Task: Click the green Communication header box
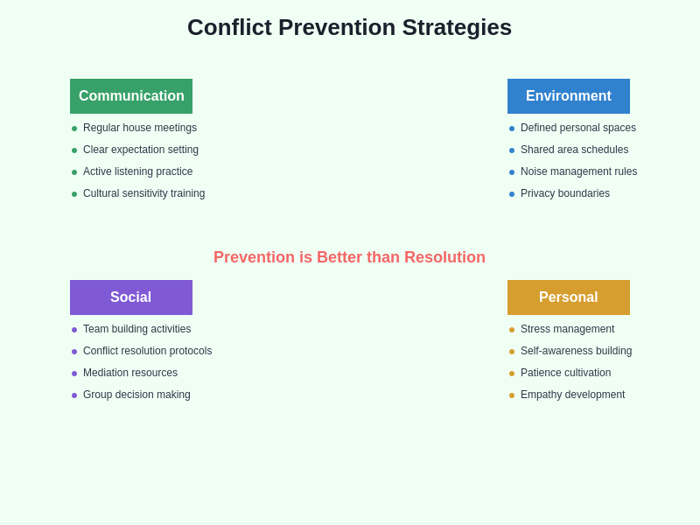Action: coord(131,96)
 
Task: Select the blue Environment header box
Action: coord(569,96)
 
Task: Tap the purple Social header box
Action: coord(131,297)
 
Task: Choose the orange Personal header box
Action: coord(569,297)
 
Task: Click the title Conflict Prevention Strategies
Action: coord(349,27)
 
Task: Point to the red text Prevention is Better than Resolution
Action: coord(349,257)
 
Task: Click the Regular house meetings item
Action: coord(140,128)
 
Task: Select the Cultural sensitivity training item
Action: coord(143,193)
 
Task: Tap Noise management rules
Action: coord(578,171)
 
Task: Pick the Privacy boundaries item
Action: coord(564,193)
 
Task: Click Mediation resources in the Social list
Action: coord(130,373)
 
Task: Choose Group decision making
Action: coord(136,395)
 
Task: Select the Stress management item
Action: coord(567,329)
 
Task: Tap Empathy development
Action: coord(572,395)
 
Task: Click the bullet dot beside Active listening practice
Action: coord(74,172)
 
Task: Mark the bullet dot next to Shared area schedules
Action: coord(512,150)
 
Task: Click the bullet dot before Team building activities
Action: coord(74,330)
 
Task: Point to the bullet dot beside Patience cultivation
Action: coord(512,374)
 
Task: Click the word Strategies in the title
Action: coord(457,27)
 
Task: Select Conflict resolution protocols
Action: coord(147,351)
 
